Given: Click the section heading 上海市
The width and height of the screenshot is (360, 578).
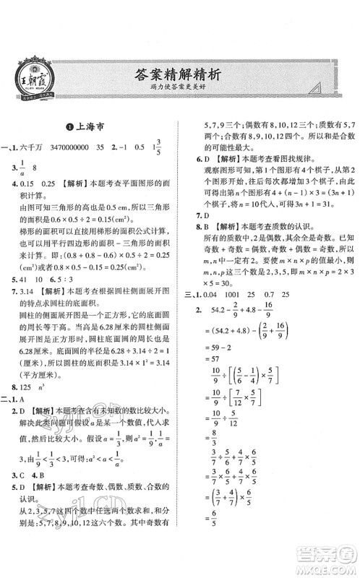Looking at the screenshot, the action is [91, 124].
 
